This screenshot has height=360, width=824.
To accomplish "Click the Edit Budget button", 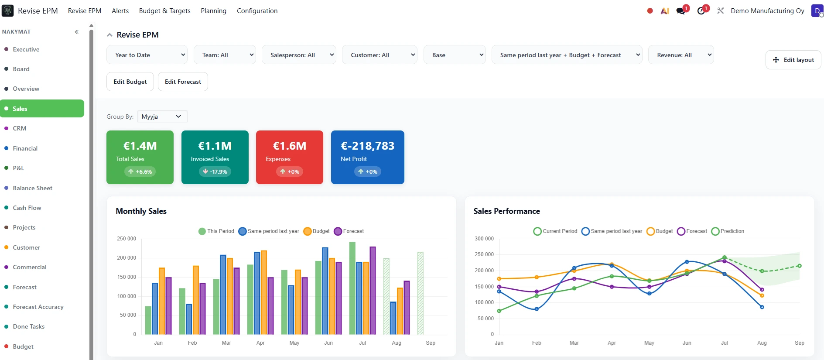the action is [130, 82].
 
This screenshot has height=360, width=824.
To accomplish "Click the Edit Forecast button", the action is [183, 82].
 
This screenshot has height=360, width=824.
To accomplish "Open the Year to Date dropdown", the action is [147, 55].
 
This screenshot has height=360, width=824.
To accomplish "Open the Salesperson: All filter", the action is [299, 55].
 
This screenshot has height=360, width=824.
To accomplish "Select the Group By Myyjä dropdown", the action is [162, 117].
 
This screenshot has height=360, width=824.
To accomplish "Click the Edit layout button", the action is [793, 60].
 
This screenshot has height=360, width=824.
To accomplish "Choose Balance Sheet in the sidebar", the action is [32, 188].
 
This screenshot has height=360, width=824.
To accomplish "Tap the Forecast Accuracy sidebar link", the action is [38, 307].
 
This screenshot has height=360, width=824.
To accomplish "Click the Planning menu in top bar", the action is [213, 11].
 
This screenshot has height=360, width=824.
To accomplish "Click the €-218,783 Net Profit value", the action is [367, 146].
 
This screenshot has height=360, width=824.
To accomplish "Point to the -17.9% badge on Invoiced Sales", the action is [215, 171].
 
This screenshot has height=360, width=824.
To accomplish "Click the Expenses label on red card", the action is [278, 159].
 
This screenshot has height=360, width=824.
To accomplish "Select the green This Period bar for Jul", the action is [352, 288].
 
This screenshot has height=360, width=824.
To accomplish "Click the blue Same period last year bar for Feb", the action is [189, 319].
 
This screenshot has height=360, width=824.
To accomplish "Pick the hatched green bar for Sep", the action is [420, 293].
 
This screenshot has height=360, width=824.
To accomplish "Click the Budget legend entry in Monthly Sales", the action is [317, 231].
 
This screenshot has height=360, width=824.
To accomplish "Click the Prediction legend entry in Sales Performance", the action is [728, 231].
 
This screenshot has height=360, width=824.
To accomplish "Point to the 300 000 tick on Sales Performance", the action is [484, 239].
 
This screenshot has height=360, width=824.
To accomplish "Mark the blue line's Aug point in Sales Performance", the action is [762, 307].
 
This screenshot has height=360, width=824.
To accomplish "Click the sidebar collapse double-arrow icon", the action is [77, 32].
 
